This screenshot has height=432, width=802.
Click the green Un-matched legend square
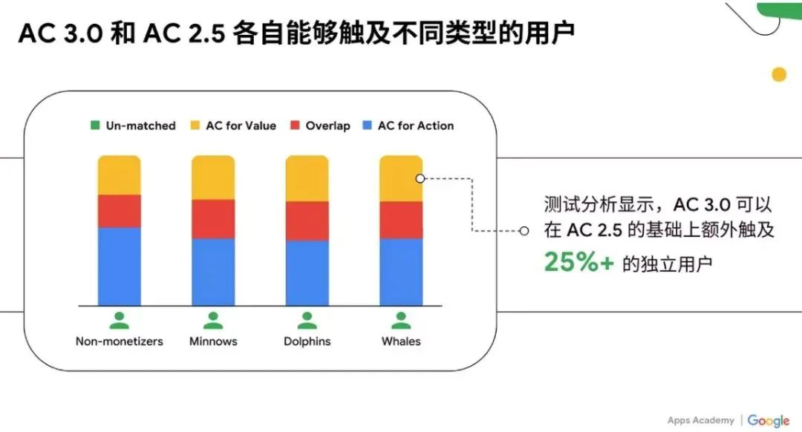tap(94, 125)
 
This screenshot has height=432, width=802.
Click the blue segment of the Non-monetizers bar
tap(119, 266)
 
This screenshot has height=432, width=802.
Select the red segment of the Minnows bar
tap(213, 218)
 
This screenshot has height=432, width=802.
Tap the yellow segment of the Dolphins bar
tap(307, 178)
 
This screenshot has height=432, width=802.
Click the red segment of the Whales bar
tap(401, 220)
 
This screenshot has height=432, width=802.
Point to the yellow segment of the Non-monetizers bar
tap(119, 175)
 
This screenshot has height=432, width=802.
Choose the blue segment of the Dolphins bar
tap(307, 272)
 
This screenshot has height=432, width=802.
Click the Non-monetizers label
tap(119, 341)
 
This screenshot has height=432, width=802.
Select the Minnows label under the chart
tap(213, 341)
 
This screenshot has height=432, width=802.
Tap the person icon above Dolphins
tap(307, 321)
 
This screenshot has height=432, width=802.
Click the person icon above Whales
tap(401, 321)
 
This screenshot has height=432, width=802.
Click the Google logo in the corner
tap(768, 420)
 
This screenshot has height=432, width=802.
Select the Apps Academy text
tap(700, 420)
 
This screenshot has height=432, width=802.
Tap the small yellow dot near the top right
tap(778, 74)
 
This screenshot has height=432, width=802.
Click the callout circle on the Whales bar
tap(420, 178)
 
